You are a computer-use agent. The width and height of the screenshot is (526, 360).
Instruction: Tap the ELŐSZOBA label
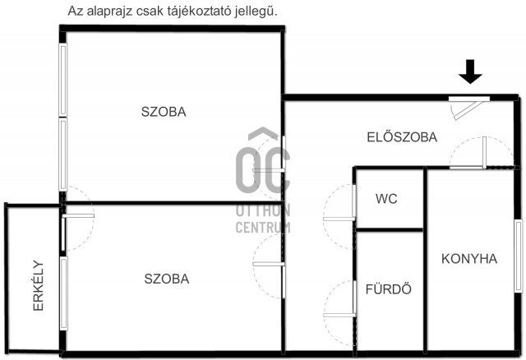click(x=401, y=137)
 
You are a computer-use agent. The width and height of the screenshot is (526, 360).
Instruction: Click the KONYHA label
click(x=469, y=258)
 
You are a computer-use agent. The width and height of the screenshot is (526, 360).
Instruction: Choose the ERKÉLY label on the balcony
click(x=39, y=285)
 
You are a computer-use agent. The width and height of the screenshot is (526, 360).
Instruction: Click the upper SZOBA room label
click(x=163, y=113)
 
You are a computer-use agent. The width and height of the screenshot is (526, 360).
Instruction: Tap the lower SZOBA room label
click(x=167, y=279)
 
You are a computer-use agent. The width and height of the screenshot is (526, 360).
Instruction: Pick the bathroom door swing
click(x=339, y=300)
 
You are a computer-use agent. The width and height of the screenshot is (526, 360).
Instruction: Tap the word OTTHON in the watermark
click(x=263, y=211)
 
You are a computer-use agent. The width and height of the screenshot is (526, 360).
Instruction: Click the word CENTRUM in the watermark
click(x=263, y=227)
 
